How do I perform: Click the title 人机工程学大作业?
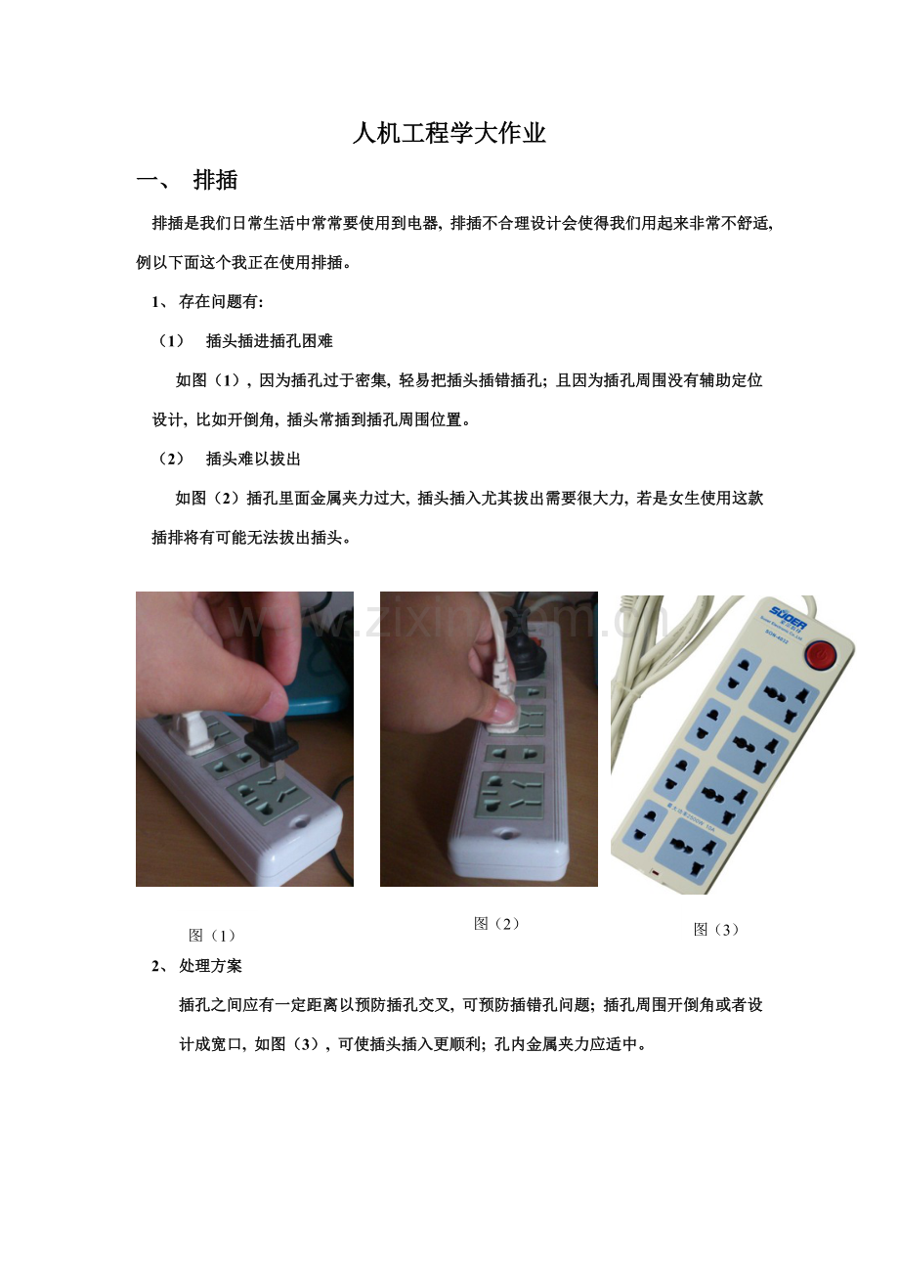point(449,134)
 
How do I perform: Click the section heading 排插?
point(215,180)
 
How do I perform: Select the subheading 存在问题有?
point(218,302)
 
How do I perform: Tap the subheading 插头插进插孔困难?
point(269,341)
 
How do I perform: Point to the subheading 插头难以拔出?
point(253,459)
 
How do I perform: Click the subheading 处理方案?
point(210,966)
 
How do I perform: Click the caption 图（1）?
point(212,935)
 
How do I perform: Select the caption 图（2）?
point(497,924)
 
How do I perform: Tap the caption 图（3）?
point(716,929)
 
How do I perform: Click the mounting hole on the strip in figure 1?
point(299,821)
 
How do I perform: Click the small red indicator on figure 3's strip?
point(655,872)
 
